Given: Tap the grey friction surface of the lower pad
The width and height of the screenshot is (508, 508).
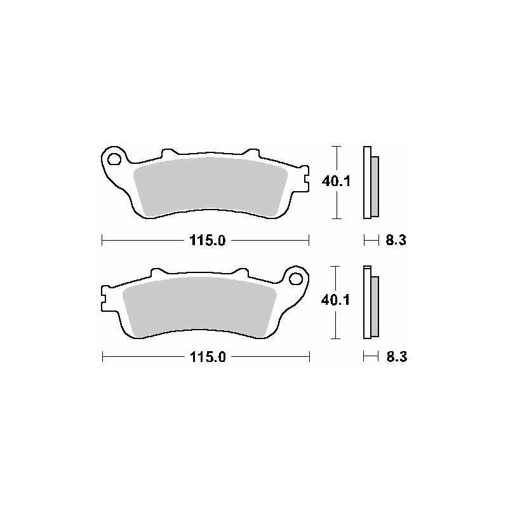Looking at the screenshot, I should click(x=200, y=305).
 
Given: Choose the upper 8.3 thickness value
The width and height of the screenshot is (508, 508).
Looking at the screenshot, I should click(x=396, y=240).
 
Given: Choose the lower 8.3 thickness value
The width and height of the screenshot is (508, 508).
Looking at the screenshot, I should click(x=396, y=357).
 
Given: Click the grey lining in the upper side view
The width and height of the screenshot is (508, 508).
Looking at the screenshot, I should click(x=375, y=185).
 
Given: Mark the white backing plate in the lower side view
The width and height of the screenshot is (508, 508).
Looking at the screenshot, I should click(x=366, y=302).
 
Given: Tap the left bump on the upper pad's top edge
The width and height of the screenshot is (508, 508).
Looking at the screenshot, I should click(x=169, y=153).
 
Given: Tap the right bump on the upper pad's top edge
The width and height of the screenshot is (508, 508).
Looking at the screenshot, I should click(x=251, y=153).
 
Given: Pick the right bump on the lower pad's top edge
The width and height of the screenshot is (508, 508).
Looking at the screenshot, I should click(x=240, y=272).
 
